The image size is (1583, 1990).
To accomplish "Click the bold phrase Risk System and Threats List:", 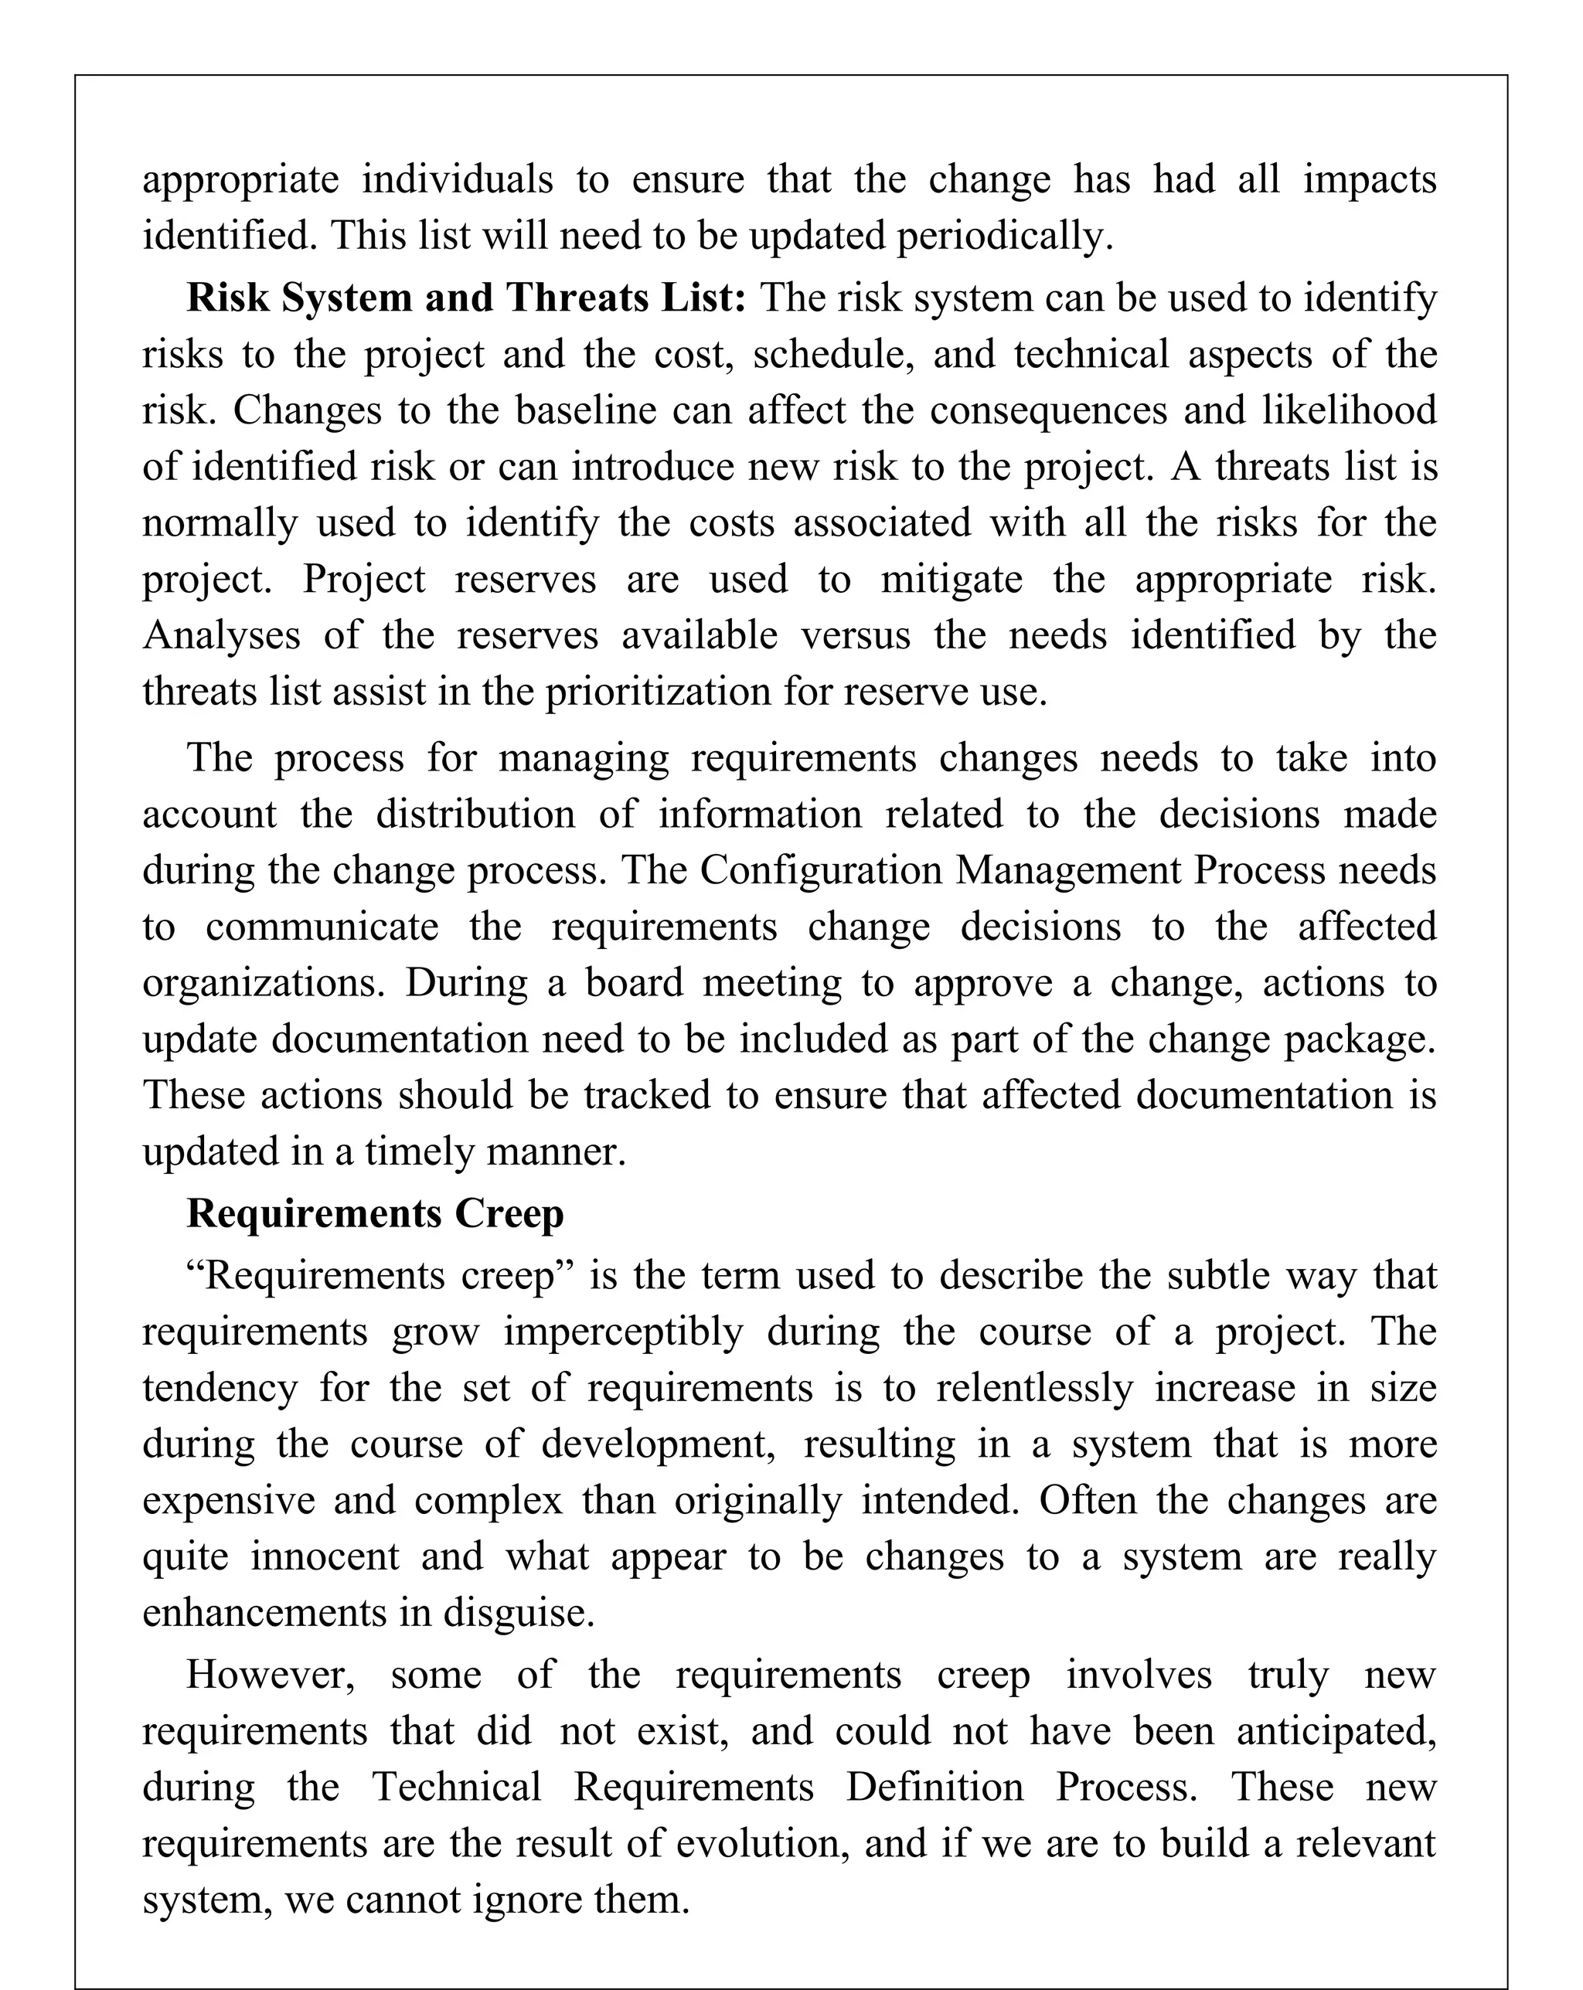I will coord(465,298).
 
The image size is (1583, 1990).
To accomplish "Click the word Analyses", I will coord(222,636).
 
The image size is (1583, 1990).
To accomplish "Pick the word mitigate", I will coord(951,580).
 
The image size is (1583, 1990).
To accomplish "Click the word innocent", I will coord(325,1557).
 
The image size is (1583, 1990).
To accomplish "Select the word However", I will coord(270,1675).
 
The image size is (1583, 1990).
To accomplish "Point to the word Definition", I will coord(934,1788).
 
